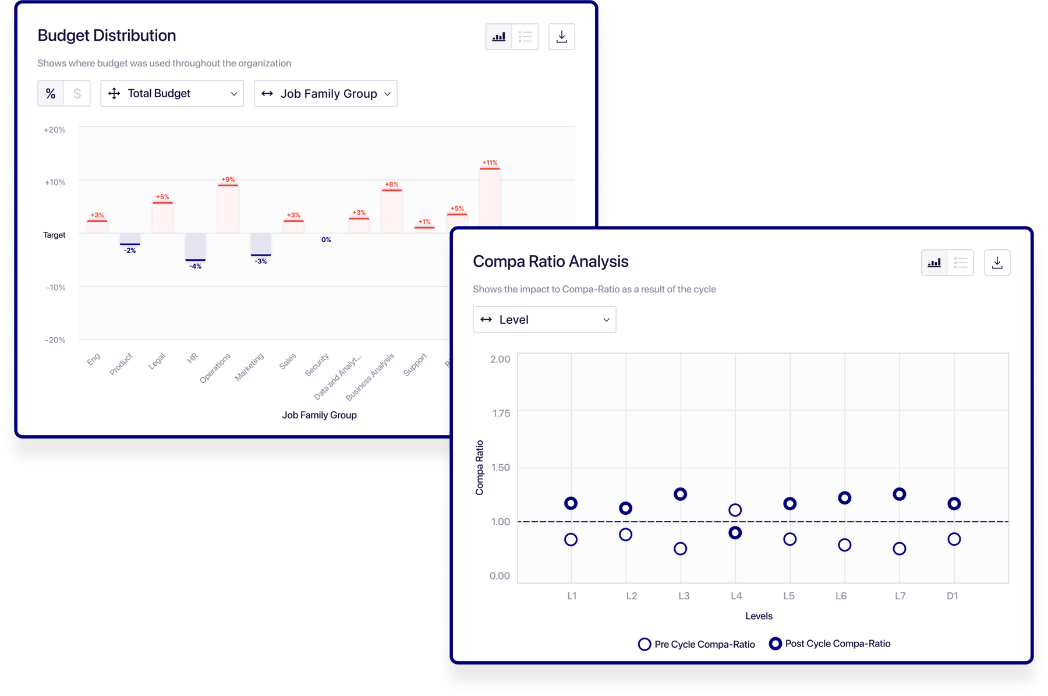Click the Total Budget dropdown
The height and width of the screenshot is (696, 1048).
(172, 93)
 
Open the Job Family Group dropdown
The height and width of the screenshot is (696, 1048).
(325, 93)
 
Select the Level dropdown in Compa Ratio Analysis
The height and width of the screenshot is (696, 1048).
(544, 319)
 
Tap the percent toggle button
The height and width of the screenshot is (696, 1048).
(51, 93)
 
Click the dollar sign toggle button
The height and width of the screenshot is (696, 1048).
(77, 93)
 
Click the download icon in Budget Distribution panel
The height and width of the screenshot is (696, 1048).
(561, 37)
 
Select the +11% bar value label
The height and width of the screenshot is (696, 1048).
(490, 162)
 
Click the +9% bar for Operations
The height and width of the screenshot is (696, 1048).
(228, 208)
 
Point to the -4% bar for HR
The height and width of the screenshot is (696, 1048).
(196, 247)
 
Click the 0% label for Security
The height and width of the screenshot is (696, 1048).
(326, 239)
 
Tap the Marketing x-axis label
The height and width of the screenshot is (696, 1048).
(250, 366)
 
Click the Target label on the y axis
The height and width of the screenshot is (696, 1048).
(54, 235)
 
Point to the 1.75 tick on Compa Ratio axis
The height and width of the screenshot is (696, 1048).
(501, 414)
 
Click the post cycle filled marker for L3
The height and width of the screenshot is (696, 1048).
(680, 494)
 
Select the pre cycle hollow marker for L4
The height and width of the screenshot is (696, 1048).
(735, 510)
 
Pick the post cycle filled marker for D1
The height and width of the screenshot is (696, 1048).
(954, 504)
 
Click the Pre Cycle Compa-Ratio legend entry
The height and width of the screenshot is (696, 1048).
(696, 644)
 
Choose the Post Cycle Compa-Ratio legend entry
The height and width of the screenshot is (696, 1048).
(830, 644)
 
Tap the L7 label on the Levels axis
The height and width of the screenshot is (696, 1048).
(900, 596)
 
